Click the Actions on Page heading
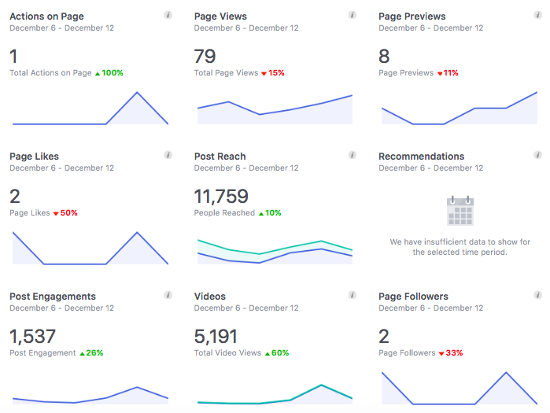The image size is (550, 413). click(x=46, y=16)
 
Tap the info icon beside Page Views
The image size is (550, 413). click(x=353, y=15)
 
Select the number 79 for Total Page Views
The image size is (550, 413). click(x=205, y=57)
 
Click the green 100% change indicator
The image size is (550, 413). click(x=109, y=72)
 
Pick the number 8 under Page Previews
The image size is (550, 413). click(x=384, y=57)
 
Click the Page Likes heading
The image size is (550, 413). click(x=34, y=156)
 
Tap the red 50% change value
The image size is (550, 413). click(x=65, y=212)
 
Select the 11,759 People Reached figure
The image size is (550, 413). click(x=221, y=197)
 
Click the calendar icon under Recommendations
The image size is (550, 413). click(x=460, y=211)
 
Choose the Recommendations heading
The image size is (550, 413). click(x=421, y=156)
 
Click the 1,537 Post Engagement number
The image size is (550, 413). click(x=32, y=337)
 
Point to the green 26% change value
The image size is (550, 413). click(x=91, y=352)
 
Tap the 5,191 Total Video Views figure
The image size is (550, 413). click(x=216, y=337)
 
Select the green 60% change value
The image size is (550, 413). click(x=278, y=352)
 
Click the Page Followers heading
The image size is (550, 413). click(x=413, y=297)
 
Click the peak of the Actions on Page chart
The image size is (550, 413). click(x=138, y=93)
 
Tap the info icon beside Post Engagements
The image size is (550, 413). click(x=168, y=295)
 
